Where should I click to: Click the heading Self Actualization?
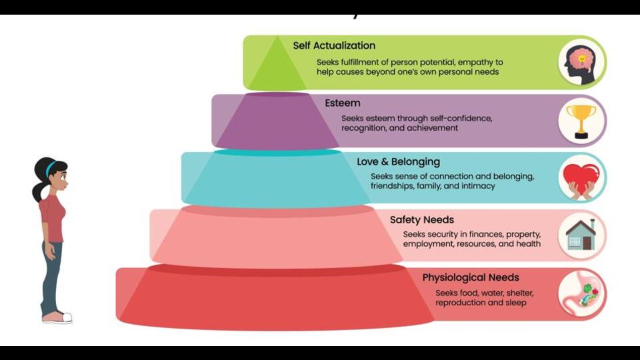point(334,45)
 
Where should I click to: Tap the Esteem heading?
point(343,103)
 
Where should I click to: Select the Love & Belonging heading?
point(399,161)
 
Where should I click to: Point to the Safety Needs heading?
point(421,219)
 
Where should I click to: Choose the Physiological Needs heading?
point(471,277)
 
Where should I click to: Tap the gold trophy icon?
point(581,121)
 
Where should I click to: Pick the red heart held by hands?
point(581,177)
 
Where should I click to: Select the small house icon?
point(581,235)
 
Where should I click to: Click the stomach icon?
point(581,294)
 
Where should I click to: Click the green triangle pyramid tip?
point(277,63)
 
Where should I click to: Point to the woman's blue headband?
point(51,168)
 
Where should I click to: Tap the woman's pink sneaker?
point(57,317)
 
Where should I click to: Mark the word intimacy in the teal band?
point(479,186)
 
